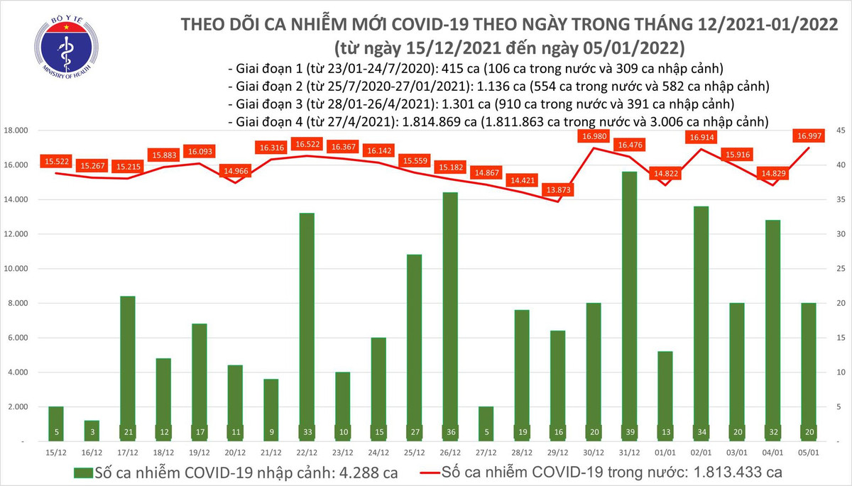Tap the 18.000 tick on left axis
pos(16,131)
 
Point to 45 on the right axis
pos(839,131)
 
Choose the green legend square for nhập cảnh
pos(83,472)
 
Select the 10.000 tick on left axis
pos(16,270)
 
